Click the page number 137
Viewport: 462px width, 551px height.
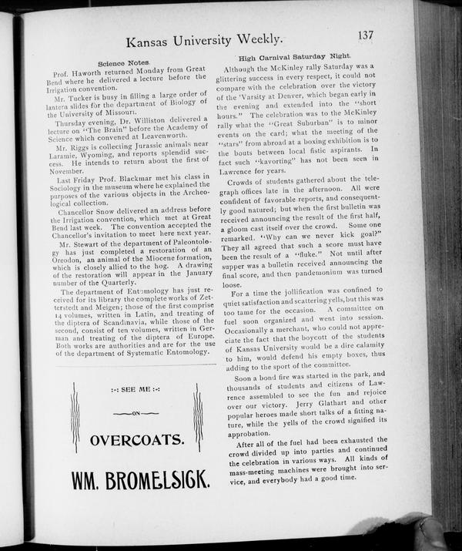coord(366,35)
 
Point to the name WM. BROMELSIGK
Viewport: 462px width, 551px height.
coord(139,479)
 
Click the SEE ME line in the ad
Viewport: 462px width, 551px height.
coord(135,390)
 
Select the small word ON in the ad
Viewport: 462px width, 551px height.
coord(135,414)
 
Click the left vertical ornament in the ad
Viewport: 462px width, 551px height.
coord(75,417)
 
